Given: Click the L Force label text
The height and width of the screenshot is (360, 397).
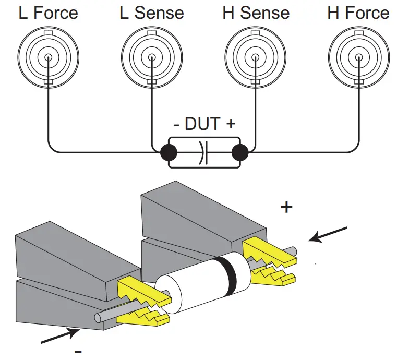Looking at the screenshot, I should coord(48,13).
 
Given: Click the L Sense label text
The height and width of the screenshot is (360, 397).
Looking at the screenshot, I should coord(152,13).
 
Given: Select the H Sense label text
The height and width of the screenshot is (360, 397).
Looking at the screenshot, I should coord(255,13).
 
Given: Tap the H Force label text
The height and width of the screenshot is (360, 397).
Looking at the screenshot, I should coord(358,13).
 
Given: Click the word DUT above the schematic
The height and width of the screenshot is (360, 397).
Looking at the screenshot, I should coord(204,124).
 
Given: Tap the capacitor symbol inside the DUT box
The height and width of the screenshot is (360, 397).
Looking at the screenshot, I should coord(204,153).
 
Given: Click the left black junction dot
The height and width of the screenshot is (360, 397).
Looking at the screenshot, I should coord(169,153).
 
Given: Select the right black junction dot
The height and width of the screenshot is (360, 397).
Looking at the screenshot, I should coord(239,153).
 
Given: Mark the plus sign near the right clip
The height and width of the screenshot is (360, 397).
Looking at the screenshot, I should coord(286,208).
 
